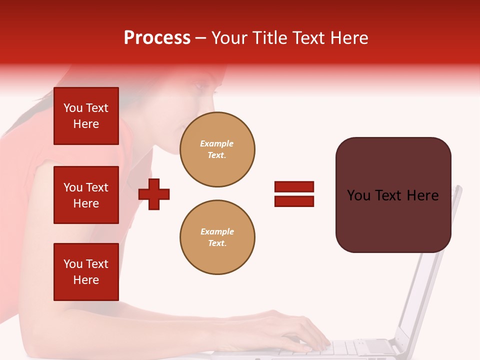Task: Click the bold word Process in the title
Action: click(x=157, y=38)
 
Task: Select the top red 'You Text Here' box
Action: click(x=86, y=116)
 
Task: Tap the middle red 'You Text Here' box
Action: click(x=86, y=195)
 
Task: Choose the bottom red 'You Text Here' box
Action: click(x=86, y=272)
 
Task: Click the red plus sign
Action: click(x=154, y=194)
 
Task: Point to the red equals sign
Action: click(x=294, y=194)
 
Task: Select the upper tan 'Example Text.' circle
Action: click(x=217, y=149)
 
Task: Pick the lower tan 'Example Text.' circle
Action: click(x=217, y=237)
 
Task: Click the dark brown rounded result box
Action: click(x=393, y=194)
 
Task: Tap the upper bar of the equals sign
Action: click(x=294, y=187)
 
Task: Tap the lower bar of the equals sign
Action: click(x=294, y=201)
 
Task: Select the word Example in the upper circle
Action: click(x=217, y=143)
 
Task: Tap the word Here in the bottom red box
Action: click(x=86, y=280)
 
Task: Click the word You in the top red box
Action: click(x=73, y=108)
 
